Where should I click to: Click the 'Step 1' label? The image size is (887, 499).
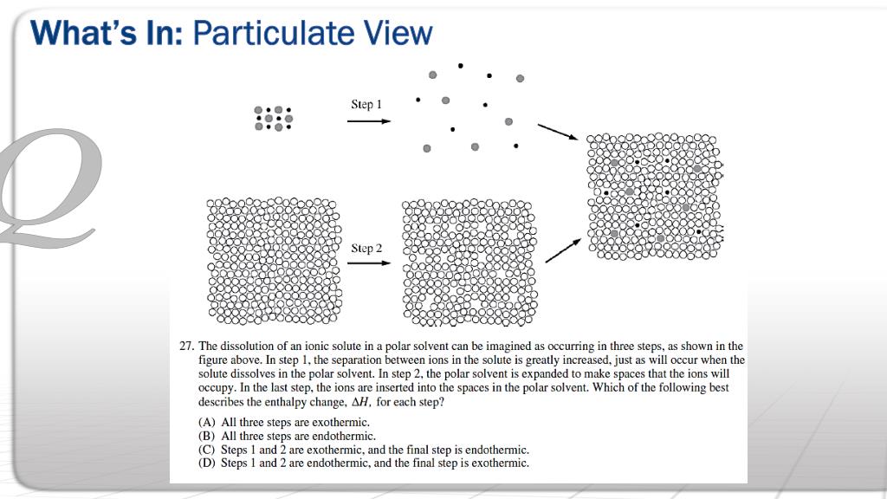(x=366, y=105)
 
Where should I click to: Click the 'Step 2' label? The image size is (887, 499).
(x=366, y=249)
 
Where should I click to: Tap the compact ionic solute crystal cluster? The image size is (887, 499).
(x=273, y=118)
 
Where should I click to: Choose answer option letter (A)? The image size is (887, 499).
(x=208, y=422)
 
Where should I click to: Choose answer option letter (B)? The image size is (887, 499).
(x=208, y=436)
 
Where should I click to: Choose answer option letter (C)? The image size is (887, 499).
(x=208, y=450)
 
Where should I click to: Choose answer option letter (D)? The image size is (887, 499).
(x=208, y=463)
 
